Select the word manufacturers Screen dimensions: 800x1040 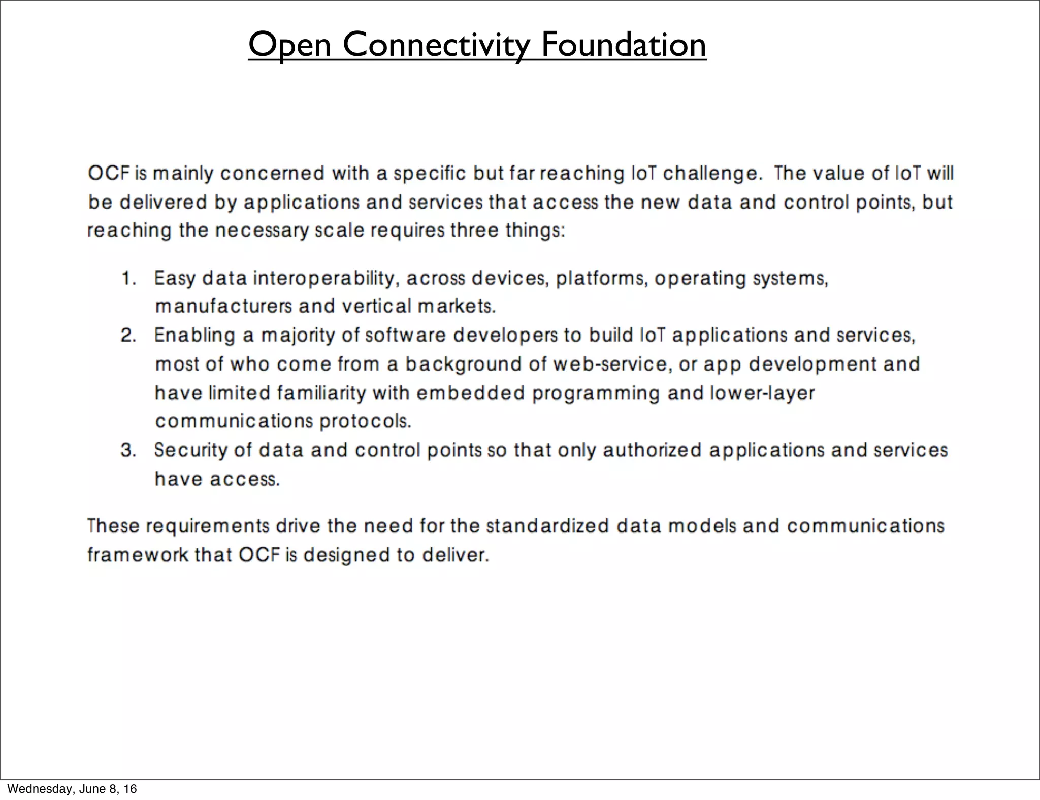click(223, 307)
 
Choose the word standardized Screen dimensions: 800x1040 click(547, 526)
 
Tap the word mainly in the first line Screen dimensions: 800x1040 click(183, 174)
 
